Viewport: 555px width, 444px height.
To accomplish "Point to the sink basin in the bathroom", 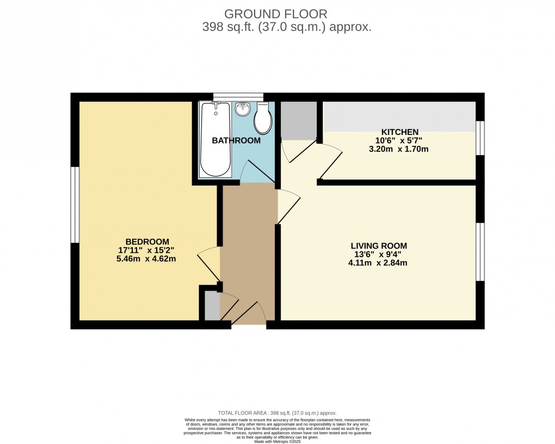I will pos(242,109).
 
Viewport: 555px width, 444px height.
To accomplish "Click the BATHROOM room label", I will pos(236,140).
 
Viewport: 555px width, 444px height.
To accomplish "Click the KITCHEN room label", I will pos(399,132).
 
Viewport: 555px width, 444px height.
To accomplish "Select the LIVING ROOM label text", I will pos(379,246).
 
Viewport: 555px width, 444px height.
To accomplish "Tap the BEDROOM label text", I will pos(147,242).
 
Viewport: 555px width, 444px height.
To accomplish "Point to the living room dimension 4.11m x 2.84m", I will pos(379,263).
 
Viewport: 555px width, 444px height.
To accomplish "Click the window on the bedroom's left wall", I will pos(75,205).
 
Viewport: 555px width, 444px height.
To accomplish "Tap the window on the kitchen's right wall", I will pos(480,138).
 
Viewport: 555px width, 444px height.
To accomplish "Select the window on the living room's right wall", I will pos(480,251).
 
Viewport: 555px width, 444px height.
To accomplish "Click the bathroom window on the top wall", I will pos(238,97).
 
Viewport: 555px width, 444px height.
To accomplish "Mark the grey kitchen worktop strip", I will pos(399,116).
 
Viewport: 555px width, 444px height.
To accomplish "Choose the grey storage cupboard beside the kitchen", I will pos(298,120).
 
